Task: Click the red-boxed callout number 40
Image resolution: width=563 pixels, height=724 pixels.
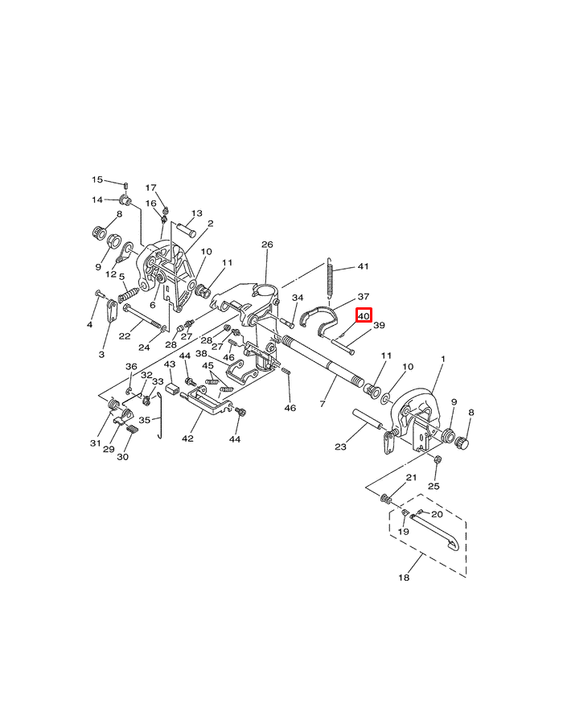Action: [x=364, y=316]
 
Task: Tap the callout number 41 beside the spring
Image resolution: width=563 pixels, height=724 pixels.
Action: [x=363, y=267]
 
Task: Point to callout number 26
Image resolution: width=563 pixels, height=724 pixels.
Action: [x=268, y=245]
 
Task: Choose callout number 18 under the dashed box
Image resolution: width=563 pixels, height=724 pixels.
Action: [x=405, y=578]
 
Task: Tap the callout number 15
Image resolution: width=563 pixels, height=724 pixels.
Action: [x=97, y=180]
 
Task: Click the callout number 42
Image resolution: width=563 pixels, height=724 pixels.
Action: [x=187, y=438]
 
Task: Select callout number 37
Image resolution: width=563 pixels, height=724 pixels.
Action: [x=364, y=297]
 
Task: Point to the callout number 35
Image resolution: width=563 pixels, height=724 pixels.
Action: [x=145, y=420]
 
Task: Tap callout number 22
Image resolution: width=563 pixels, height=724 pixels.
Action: [x=125, y=335]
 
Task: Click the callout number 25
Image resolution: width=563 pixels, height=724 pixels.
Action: [x=434, y=486]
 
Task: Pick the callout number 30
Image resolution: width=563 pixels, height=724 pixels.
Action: [x=123, y=457]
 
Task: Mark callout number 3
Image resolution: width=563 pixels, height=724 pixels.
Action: [x=102, y=354]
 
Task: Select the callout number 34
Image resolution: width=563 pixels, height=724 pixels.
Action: [x=298, y=298]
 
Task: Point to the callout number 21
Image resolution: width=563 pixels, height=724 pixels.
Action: [x=411, y=478]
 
